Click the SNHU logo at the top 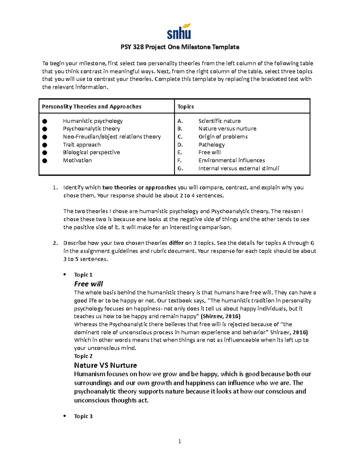tap(179, 32)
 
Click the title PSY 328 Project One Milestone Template tap(180, 47)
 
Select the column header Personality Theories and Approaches tap(91, 107)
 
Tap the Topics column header tap(185, 107)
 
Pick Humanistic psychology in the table tap(93, 121)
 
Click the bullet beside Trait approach tap(45, 145)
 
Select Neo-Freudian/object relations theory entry tap(112, 137)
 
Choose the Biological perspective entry tap(91, 152)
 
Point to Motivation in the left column tap(77, 160)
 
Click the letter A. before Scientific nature tap(180, 121)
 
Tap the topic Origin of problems tap(223, 137)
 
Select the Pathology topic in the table tap(211, 145)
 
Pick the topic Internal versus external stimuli tap(239, 168)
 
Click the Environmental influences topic tap(232, 160)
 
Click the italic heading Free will tap(88, 284)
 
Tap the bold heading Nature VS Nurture tap(105, 365)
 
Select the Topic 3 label tap(83, 416)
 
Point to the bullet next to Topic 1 tap(64, 275)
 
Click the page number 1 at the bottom tap(179, 441)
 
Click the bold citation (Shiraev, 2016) tap(220, 316)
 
